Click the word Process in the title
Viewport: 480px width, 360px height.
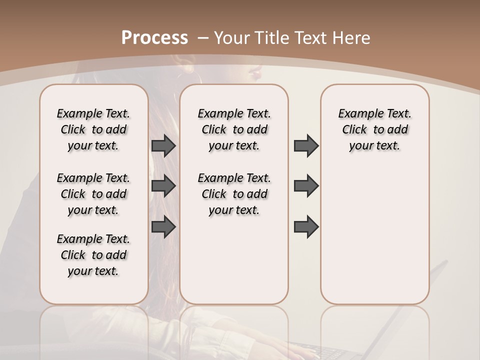click(x=154, y=38)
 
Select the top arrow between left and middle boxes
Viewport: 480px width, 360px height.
click(x=163, y=145)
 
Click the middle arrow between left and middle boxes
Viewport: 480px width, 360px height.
click(x=163, y=186)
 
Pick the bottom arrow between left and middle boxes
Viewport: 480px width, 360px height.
click(x=163, y=226)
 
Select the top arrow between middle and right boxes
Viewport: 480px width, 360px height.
click(x=306, y=145)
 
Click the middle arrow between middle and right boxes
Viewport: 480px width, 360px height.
click(x=306, y=186)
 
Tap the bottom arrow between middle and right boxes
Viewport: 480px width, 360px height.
click(x=306, y=226)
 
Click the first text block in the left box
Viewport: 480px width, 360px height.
click(x=93, y=129)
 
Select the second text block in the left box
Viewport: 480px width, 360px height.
click(x=93, y=194)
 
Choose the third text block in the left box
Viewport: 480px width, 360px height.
click(x=93, y=255)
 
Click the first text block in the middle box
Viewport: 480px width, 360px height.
click(x=234, y=129)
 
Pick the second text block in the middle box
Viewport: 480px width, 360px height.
click(x=234, y=194)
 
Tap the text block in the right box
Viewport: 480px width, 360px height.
click(x=374, y=129)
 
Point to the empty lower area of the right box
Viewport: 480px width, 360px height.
click(x=374, y=235)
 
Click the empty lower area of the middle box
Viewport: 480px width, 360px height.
click(x=234, y=260)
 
